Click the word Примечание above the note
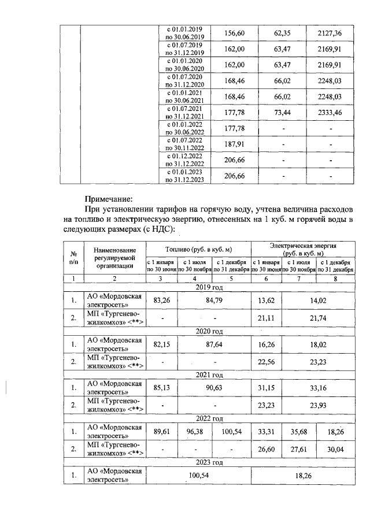[x=109, y=197]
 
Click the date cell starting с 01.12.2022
[x=184, y=160]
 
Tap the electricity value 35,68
[x=299, y=431]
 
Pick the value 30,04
[x=335, y=448]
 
